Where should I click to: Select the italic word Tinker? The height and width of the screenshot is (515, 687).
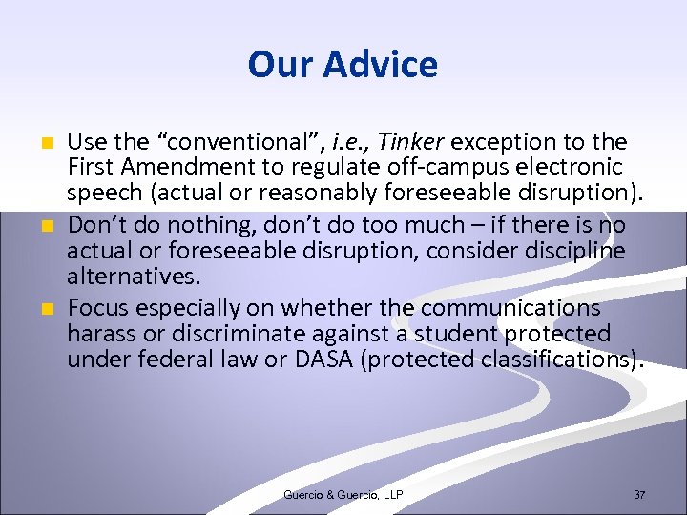click(411, 142)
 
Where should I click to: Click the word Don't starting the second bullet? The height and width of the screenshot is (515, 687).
click(95, 227)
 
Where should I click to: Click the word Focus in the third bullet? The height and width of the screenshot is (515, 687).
click(97, 308)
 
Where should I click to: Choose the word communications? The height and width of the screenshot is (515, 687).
click(510, 308)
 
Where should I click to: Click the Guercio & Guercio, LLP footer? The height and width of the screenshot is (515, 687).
click(343, 494)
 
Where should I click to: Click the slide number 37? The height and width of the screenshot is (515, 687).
click(638, 494)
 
